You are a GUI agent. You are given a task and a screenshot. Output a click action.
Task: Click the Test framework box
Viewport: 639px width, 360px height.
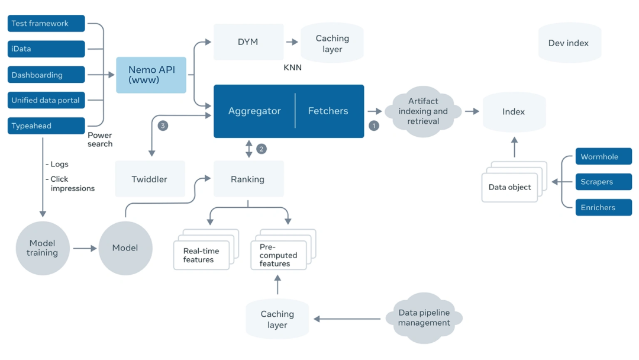46,24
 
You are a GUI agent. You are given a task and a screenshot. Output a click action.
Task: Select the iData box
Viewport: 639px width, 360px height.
46,49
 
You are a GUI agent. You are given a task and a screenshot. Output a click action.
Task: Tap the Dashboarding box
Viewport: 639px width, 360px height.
46,75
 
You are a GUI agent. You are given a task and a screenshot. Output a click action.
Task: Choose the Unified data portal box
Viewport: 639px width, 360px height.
46,101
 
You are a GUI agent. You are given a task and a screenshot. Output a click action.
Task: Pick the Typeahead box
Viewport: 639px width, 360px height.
46,126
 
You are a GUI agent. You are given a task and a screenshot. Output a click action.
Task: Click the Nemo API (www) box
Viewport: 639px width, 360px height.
151,75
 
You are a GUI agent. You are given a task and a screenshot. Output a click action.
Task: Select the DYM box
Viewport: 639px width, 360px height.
248,42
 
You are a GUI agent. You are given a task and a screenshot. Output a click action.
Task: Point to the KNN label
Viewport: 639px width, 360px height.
292,67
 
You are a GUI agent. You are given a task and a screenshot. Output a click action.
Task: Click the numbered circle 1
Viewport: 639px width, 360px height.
374,126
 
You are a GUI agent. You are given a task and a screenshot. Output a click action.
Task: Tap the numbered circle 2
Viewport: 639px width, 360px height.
262,149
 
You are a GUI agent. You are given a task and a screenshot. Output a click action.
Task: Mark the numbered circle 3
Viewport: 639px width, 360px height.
163,126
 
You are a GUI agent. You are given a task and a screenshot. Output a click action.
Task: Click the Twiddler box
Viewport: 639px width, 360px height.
150,179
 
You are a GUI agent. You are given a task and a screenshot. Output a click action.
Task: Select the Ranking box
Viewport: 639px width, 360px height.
248,179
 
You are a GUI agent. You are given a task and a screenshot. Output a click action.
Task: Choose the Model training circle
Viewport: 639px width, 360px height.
42,248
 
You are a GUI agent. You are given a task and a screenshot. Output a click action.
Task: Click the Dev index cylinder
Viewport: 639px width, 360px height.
569,43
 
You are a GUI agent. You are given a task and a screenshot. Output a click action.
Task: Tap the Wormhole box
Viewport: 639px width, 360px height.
603,157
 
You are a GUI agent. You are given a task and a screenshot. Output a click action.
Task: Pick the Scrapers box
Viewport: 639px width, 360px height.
603,182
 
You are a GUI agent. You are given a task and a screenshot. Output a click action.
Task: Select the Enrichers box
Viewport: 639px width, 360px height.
603,207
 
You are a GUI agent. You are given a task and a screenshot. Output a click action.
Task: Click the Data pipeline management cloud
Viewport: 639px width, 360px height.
424,318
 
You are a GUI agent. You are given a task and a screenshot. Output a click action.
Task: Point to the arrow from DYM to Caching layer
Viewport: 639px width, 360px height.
292,42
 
